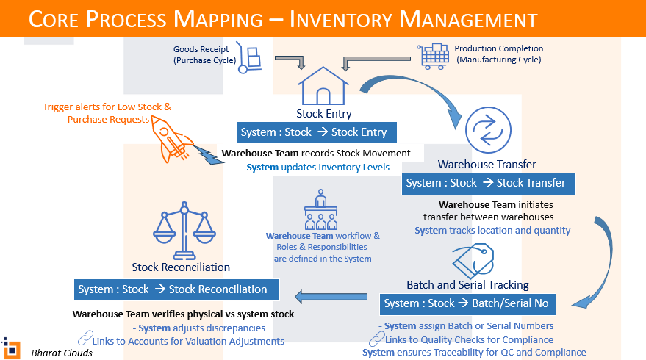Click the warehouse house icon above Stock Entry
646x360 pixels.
(x=323, y=87)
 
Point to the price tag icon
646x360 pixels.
(x=473, y=259)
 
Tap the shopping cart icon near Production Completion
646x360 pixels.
(x=433, y=55)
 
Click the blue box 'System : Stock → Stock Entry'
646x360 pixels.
(x=317, y=132)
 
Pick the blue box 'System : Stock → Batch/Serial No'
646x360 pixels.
(x=467, y=303)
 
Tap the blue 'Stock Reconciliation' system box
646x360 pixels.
(x=176, y=289)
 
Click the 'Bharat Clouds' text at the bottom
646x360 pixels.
(x=62, y=353)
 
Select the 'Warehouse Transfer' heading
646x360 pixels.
(x=487, y=164)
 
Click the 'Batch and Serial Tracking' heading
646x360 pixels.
(x=467, y=284)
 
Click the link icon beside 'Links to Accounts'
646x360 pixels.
(x=85, y=339)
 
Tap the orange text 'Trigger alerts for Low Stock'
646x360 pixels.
(x=107, y=107)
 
